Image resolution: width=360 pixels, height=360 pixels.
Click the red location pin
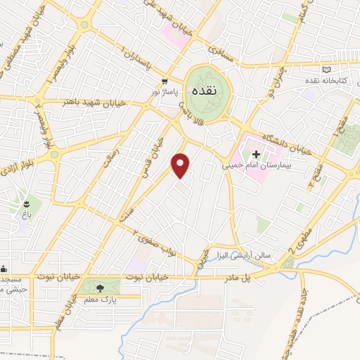pyautogui.click(x=181, y=165)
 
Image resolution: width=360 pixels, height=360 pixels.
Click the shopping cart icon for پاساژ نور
pyautogui.click(x=165, y=81)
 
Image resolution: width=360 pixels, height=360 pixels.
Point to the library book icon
pyautogui.click(x=326, y=70)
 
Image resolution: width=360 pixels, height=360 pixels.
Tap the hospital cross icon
pyautogui.click(x=256, y=154)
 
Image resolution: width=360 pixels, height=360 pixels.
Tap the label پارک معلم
pyautogui.click(x=100, y=300)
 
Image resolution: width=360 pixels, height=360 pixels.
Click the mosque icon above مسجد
pyautogui.click(x=4, y=268)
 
